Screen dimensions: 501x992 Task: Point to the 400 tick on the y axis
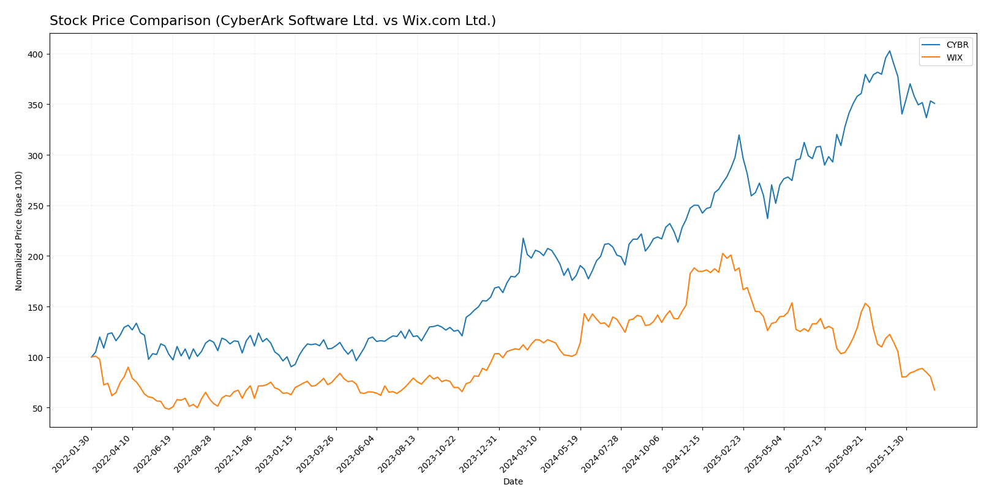[37, 54]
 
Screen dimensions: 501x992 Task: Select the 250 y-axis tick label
[37, 206]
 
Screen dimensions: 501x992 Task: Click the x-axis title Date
[513, 482]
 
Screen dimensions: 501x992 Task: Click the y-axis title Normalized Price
[19, 231]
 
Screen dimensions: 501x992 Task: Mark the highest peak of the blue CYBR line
[889, 51]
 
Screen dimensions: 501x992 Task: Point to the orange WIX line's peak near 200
[723, 253]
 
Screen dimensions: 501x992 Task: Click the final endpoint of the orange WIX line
[934, 390]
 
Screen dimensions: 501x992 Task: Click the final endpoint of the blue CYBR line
[934, 103]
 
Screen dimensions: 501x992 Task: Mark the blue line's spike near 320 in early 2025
[738, 135]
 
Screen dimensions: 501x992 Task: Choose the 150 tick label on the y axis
[37, 307]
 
